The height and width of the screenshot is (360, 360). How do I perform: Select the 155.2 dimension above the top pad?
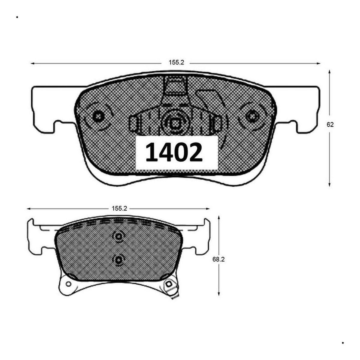[176, 62]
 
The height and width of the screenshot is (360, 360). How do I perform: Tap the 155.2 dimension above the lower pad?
[119, 208]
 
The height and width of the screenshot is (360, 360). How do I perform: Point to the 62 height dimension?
[330, 124]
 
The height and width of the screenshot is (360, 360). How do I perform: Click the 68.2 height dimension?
[218, 259]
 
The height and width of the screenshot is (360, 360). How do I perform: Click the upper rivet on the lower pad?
[118, 236]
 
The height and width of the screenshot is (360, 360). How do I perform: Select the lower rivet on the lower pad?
[118, 259]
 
